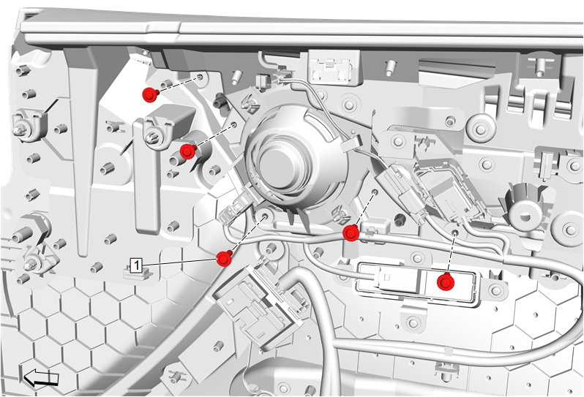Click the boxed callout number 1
pos(137,265)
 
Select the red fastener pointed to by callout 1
pos(224,259)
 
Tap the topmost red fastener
pos(150,95)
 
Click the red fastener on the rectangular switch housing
pos(446,282)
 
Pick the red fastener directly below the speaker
pos(351,234)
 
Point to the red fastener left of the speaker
pos(187,151)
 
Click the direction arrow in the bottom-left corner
pos(41,378)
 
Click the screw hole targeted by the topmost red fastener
pos(201,77)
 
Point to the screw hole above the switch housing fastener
pos(454,233)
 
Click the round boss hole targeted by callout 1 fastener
pos(265,216)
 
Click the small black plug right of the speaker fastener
pos(400,219)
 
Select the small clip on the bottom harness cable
pos(448,351)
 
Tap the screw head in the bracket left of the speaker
pos(153,137)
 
